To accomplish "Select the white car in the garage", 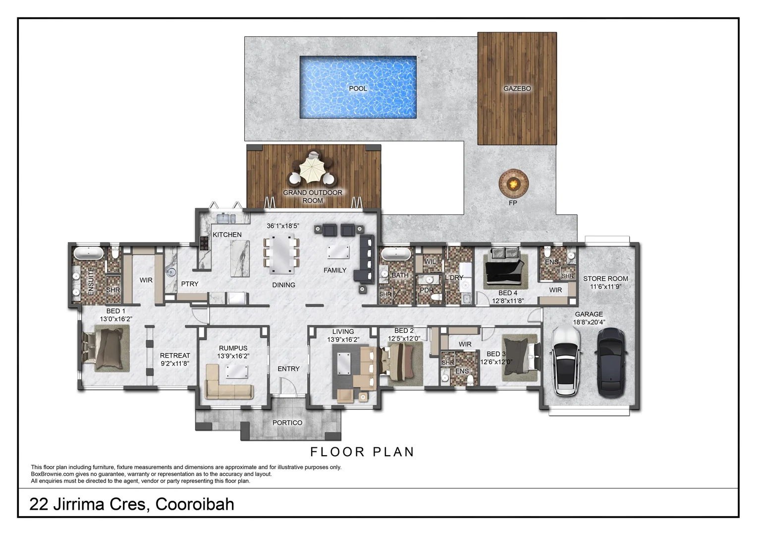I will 566,361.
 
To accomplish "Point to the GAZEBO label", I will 517,89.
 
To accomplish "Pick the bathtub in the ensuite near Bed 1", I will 89,254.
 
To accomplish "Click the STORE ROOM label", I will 605,279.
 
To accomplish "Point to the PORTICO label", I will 287,423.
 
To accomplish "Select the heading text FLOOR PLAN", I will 362,452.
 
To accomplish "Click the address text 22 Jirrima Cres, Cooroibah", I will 132,504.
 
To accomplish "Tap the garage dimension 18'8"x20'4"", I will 589,322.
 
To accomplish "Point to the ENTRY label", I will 288,369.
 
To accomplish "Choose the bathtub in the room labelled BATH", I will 395,255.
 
